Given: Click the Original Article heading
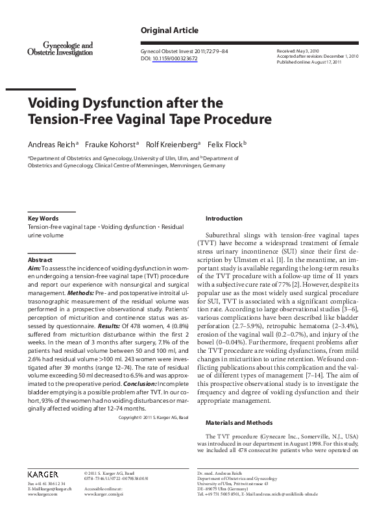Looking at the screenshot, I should pos(169,30).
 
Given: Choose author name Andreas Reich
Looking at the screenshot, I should pos(49,144).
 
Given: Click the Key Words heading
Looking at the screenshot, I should pos(43,219).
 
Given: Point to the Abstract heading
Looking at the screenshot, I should pos(40,259).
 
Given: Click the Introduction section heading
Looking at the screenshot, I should pos(223,219).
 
